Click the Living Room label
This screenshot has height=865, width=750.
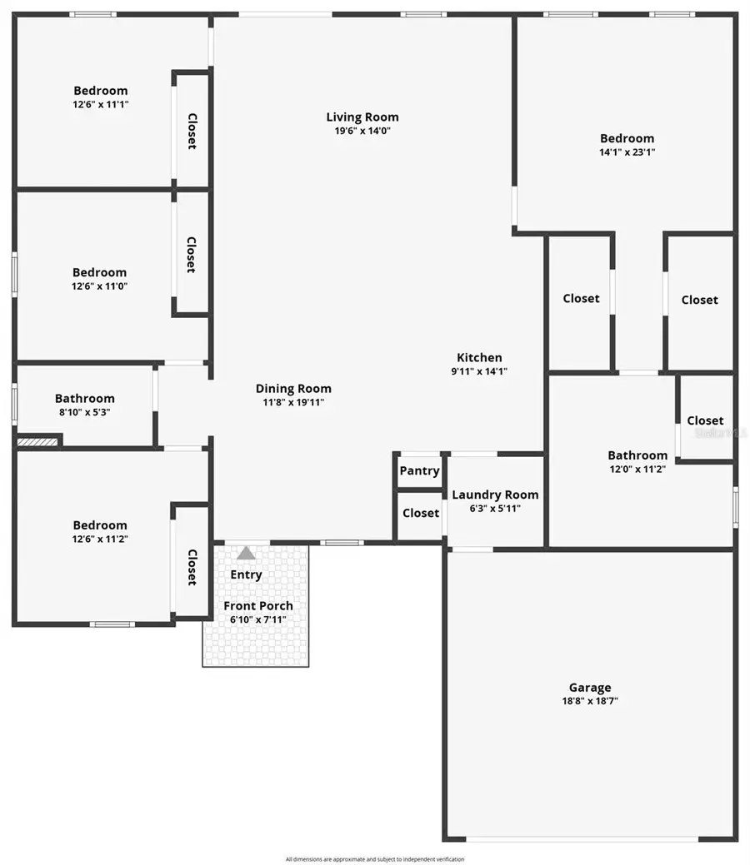pyautogui.click(x=362, y=117)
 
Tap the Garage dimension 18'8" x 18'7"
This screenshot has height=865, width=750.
pyautogui.click(x=590, y=701)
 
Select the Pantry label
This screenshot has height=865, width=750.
pyautogui.click(x=419, y=471)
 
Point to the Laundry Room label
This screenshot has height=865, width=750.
pyautogui.click(x=495, y=495)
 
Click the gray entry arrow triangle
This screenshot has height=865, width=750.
pyautogui.click(x=246, y=553)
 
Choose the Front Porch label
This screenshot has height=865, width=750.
pyautogui.click(x=258, y=606)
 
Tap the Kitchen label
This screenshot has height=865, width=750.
pyautogui.click(x=479, y=358)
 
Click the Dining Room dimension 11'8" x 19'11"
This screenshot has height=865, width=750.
pyautogui.click(x=293, y=402)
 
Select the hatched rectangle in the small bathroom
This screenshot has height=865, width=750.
pyautogui.click(x=38, y=440)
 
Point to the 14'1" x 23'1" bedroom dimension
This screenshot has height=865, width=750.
pyautogui.click(x=627, y=152)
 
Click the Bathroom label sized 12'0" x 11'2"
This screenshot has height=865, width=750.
pyautogui.click(x=637, y=455)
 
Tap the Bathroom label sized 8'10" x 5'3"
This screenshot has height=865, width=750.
pyautogui.click(x=85, y=399)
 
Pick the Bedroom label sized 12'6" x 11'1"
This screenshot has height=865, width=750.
pyautogui.click(x=101, y=91)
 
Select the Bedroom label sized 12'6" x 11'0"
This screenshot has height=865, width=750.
pyautogui.click(x=100, y=272)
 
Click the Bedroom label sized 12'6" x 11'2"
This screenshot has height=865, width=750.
pyautogui.click(x=100, y=525)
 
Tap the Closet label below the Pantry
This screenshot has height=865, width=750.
pyautogui.click(x=421, y=513)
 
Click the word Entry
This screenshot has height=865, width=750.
pyautogui.click(x=246, y=574)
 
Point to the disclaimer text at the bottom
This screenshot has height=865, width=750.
pyautogui.click(x=375, y=859)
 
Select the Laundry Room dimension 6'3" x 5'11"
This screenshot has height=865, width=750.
pyautogui.click(x=495, y=509)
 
